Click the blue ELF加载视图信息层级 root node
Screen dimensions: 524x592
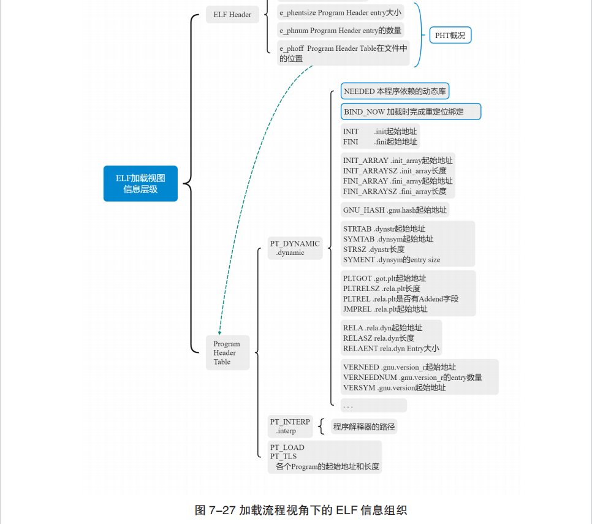[140, 183]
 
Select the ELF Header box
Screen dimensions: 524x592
[232, 14]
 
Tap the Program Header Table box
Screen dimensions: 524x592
[227, 352]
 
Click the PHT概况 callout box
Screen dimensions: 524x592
[450, 36]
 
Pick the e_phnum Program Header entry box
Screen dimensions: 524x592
[341, 31]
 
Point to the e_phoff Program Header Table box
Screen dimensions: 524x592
[343, 53]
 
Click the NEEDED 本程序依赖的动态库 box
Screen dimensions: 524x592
[395, 91]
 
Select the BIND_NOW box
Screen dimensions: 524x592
[411, 112]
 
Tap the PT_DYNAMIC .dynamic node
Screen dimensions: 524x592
[295, 248]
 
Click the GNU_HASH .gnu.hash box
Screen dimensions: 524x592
[395, 210]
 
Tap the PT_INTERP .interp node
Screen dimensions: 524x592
[290, 426]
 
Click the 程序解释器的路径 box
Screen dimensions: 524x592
[364, 427]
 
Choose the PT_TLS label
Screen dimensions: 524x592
[283, 457]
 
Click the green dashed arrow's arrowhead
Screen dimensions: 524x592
[219, 333]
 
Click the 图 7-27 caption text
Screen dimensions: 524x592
[300, 510]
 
